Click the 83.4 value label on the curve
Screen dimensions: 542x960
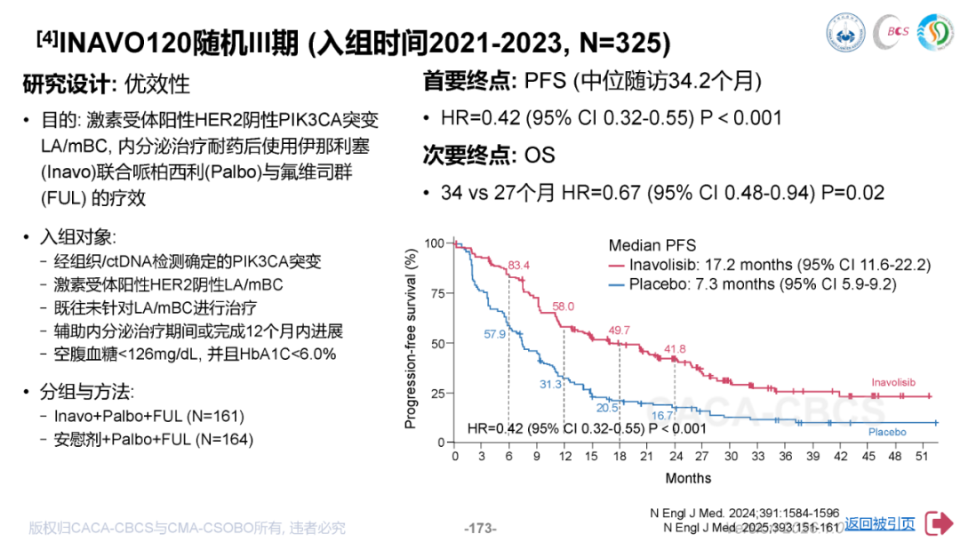(x=519, y=265)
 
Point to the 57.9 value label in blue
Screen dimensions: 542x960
(x=495, y=334)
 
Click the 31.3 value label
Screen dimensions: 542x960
(x=551, y=384)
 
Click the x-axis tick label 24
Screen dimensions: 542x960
(x=675, y=457)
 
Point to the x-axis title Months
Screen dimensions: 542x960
(x=688, y=478)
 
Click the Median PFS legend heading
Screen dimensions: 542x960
(x=652, y=245)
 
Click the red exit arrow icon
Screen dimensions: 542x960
(x=938, y=523)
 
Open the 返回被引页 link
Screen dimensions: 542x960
(x=879, y=523)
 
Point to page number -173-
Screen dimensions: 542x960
(x=480, y=528)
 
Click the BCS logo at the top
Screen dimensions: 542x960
(x=892, y=32)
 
